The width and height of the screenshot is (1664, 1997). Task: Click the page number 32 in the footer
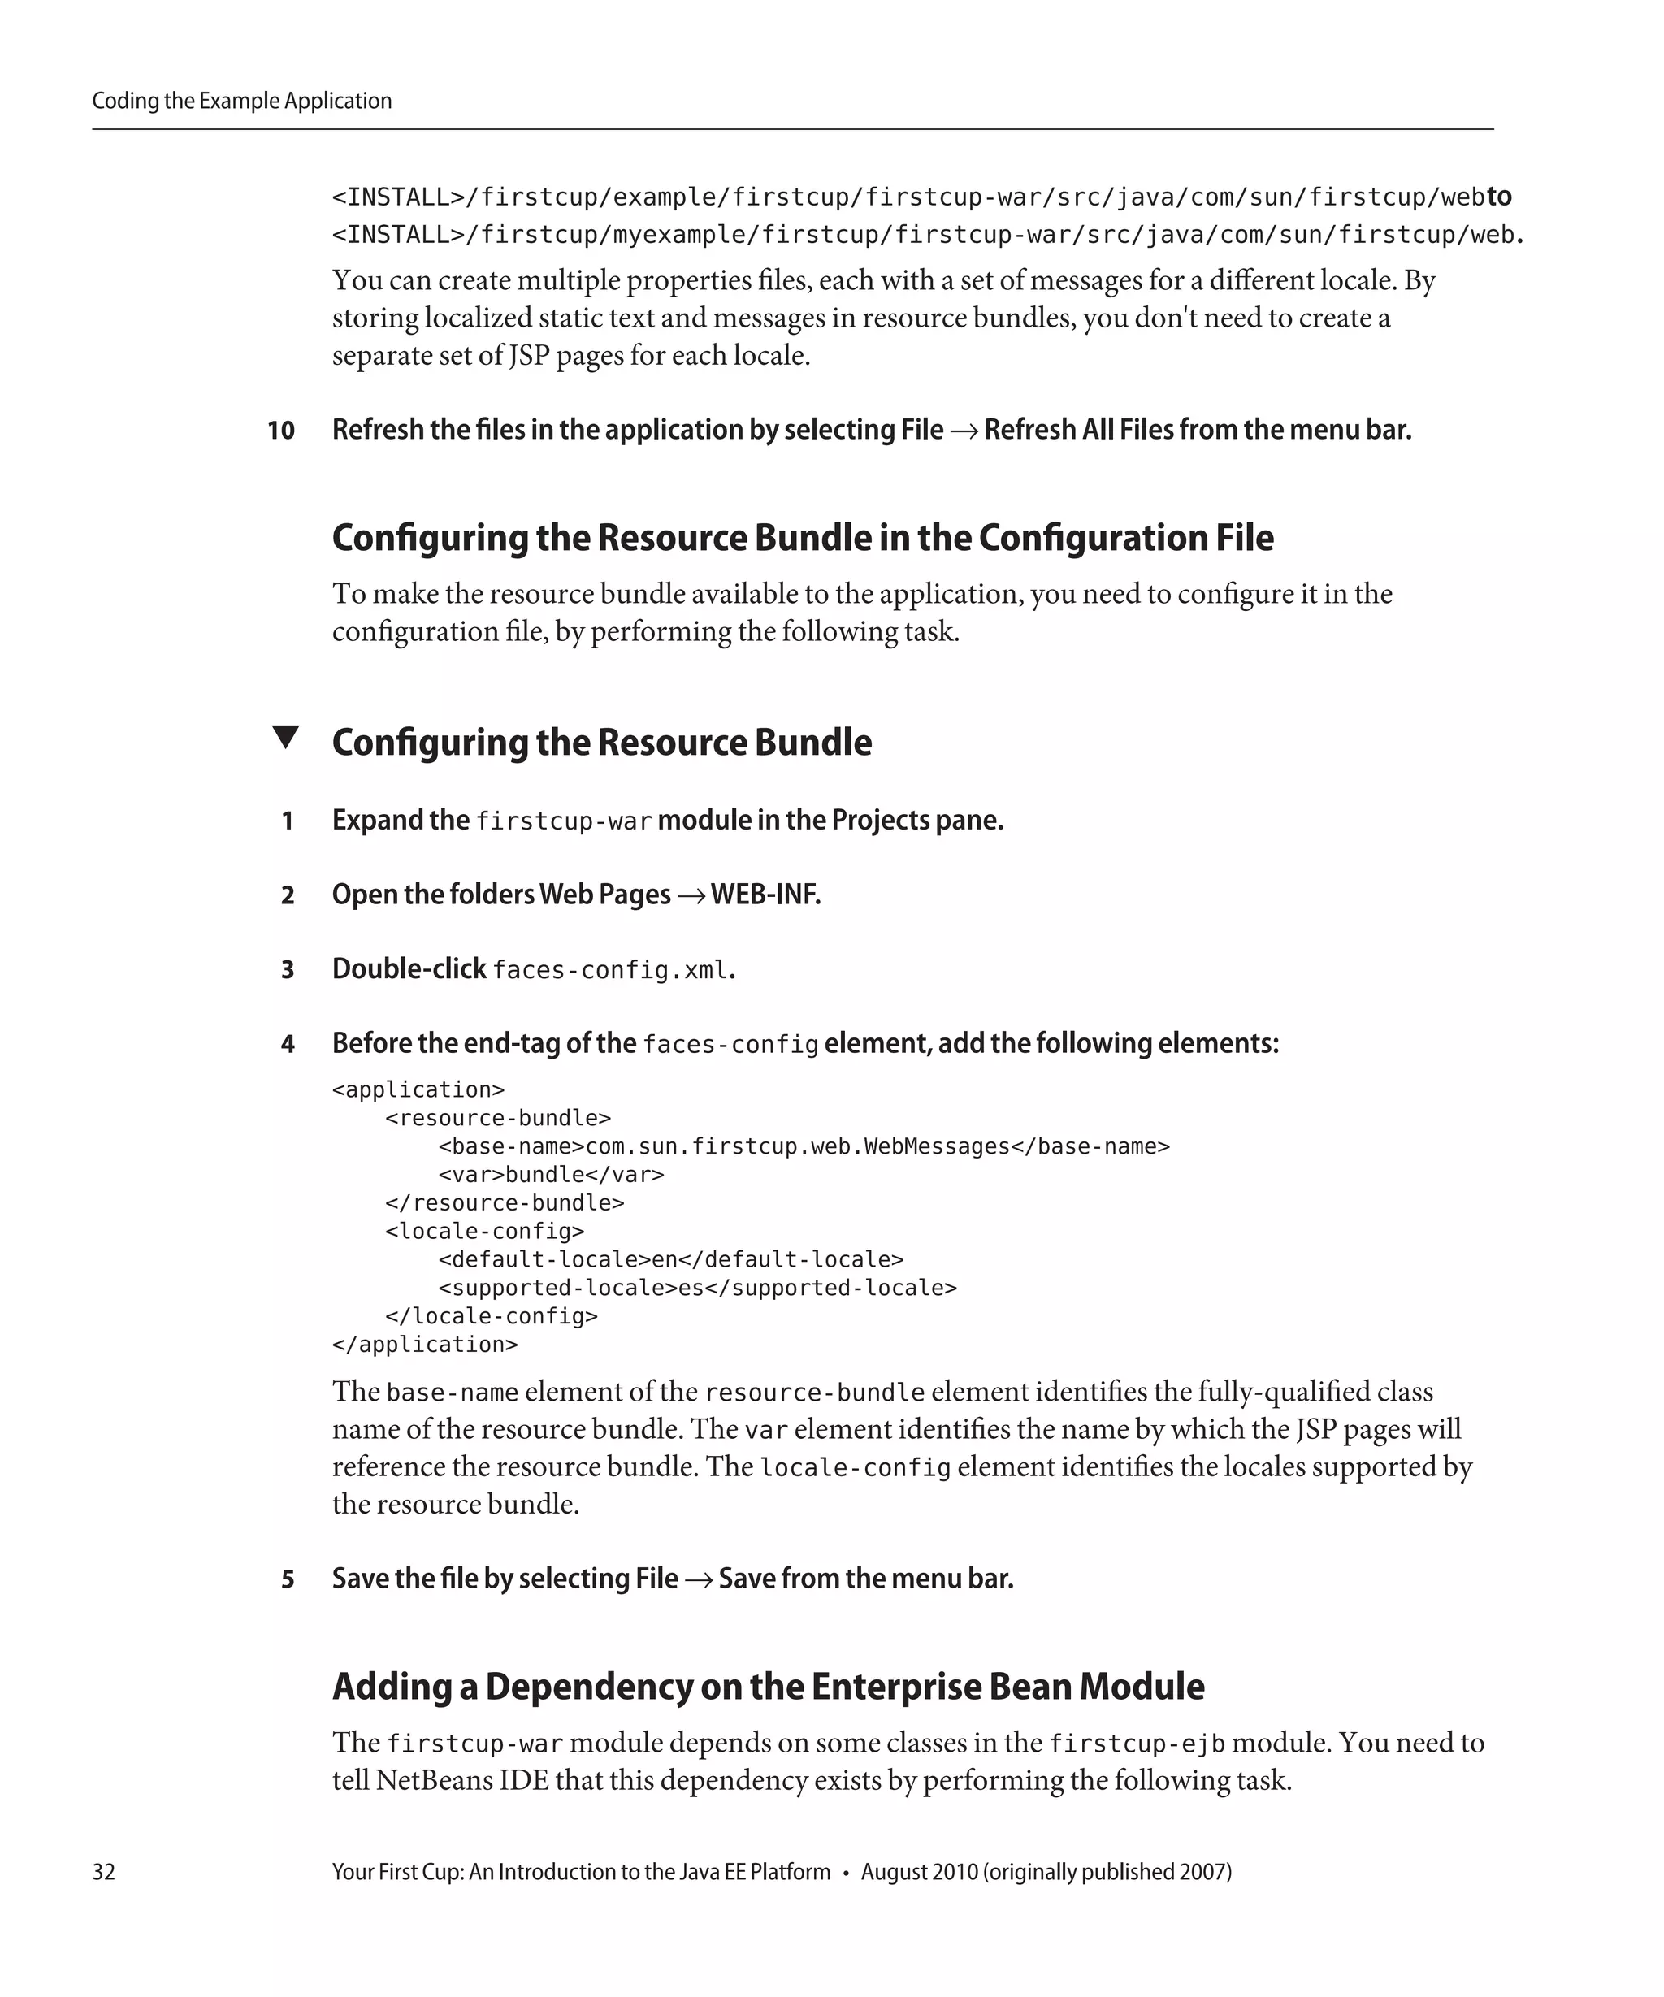coord(104,1871)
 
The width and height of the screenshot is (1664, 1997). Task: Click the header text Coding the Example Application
coord(241,101)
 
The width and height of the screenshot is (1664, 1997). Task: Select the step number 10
coord(280,431)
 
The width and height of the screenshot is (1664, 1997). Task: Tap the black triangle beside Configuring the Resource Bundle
coord(285,737)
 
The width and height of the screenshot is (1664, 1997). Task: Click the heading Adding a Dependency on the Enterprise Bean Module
coord(767,1686)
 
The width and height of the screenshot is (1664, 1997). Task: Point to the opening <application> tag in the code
coord(418,1089)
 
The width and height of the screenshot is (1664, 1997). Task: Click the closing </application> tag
coord(425,1345)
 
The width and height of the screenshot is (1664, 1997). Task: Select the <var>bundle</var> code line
coord(551,1175)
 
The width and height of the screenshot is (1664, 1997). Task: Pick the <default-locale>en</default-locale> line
coord(670,1259)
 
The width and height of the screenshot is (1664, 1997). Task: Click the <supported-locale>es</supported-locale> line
coord(697,1288)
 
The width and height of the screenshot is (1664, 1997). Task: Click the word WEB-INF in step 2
coord(765,895)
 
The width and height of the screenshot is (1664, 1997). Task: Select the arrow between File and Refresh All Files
coord(963,431)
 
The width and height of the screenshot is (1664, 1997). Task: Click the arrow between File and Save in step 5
coord(698,1579)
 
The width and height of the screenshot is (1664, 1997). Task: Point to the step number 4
coord(287,1044)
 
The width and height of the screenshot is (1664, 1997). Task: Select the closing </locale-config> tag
coord(492,1316)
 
